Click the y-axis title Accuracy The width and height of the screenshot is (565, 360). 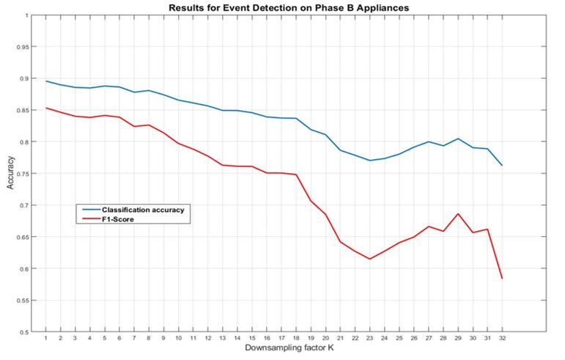[x=10, y=175]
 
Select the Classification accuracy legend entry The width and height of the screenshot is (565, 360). [x=142, y=209]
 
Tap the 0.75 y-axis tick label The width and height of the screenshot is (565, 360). [x=23, y=174]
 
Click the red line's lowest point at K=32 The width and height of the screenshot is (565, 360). [x=501, y=278]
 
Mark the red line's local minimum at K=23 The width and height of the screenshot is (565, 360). [x=369, y=259]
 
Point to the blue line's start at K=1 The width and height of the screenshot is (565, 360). [x=45, y=81]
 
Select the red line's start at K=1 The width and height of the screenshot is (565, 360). [x=45, y=108]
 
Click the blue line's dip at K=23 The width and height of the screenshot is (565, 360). [x=369, y=161]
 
